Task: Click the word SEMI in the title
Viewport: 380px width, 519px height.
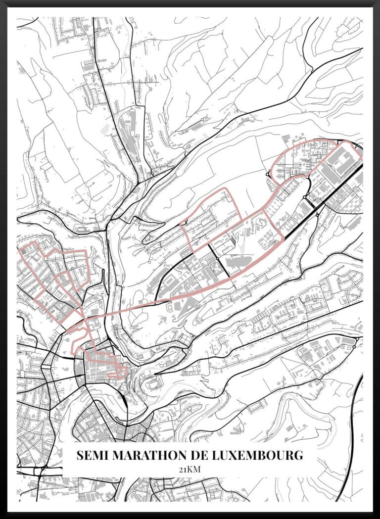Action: pos(93,455)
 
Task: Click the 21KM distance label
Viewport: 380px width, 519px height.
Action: pos(190,470)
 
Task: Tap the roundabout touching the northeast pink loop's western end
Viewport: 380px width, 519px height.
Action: pos(268,174)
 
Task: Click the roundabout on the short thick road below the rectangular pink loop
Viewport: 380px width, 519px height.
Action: pos(218,258)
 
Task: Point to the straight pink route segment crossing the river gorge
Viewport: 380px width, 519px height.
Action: pos(129,310)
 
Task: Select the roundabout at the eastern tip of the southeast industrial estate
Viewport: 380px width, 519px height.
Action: pos(354,346)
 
